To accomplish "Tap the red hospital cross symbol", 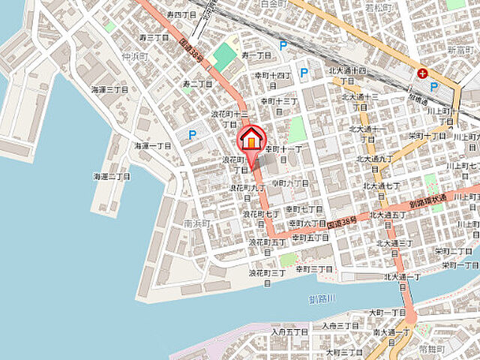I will pos(424,73).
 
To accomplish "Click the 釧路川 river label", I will pos(323,300).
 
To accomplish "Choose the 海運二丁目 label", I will pos(112,176).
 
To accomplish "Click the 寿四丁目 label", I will pos(180,14).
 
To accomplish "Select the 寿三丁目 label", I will pos(154,37).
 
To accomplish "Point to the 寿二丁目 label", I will pos(198,83).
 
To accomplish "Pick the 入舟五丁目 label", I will pos(290,331).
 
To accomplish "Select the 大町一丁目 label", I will pos(387,312).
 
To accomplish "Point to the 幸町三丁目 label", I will pos(314,268).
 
